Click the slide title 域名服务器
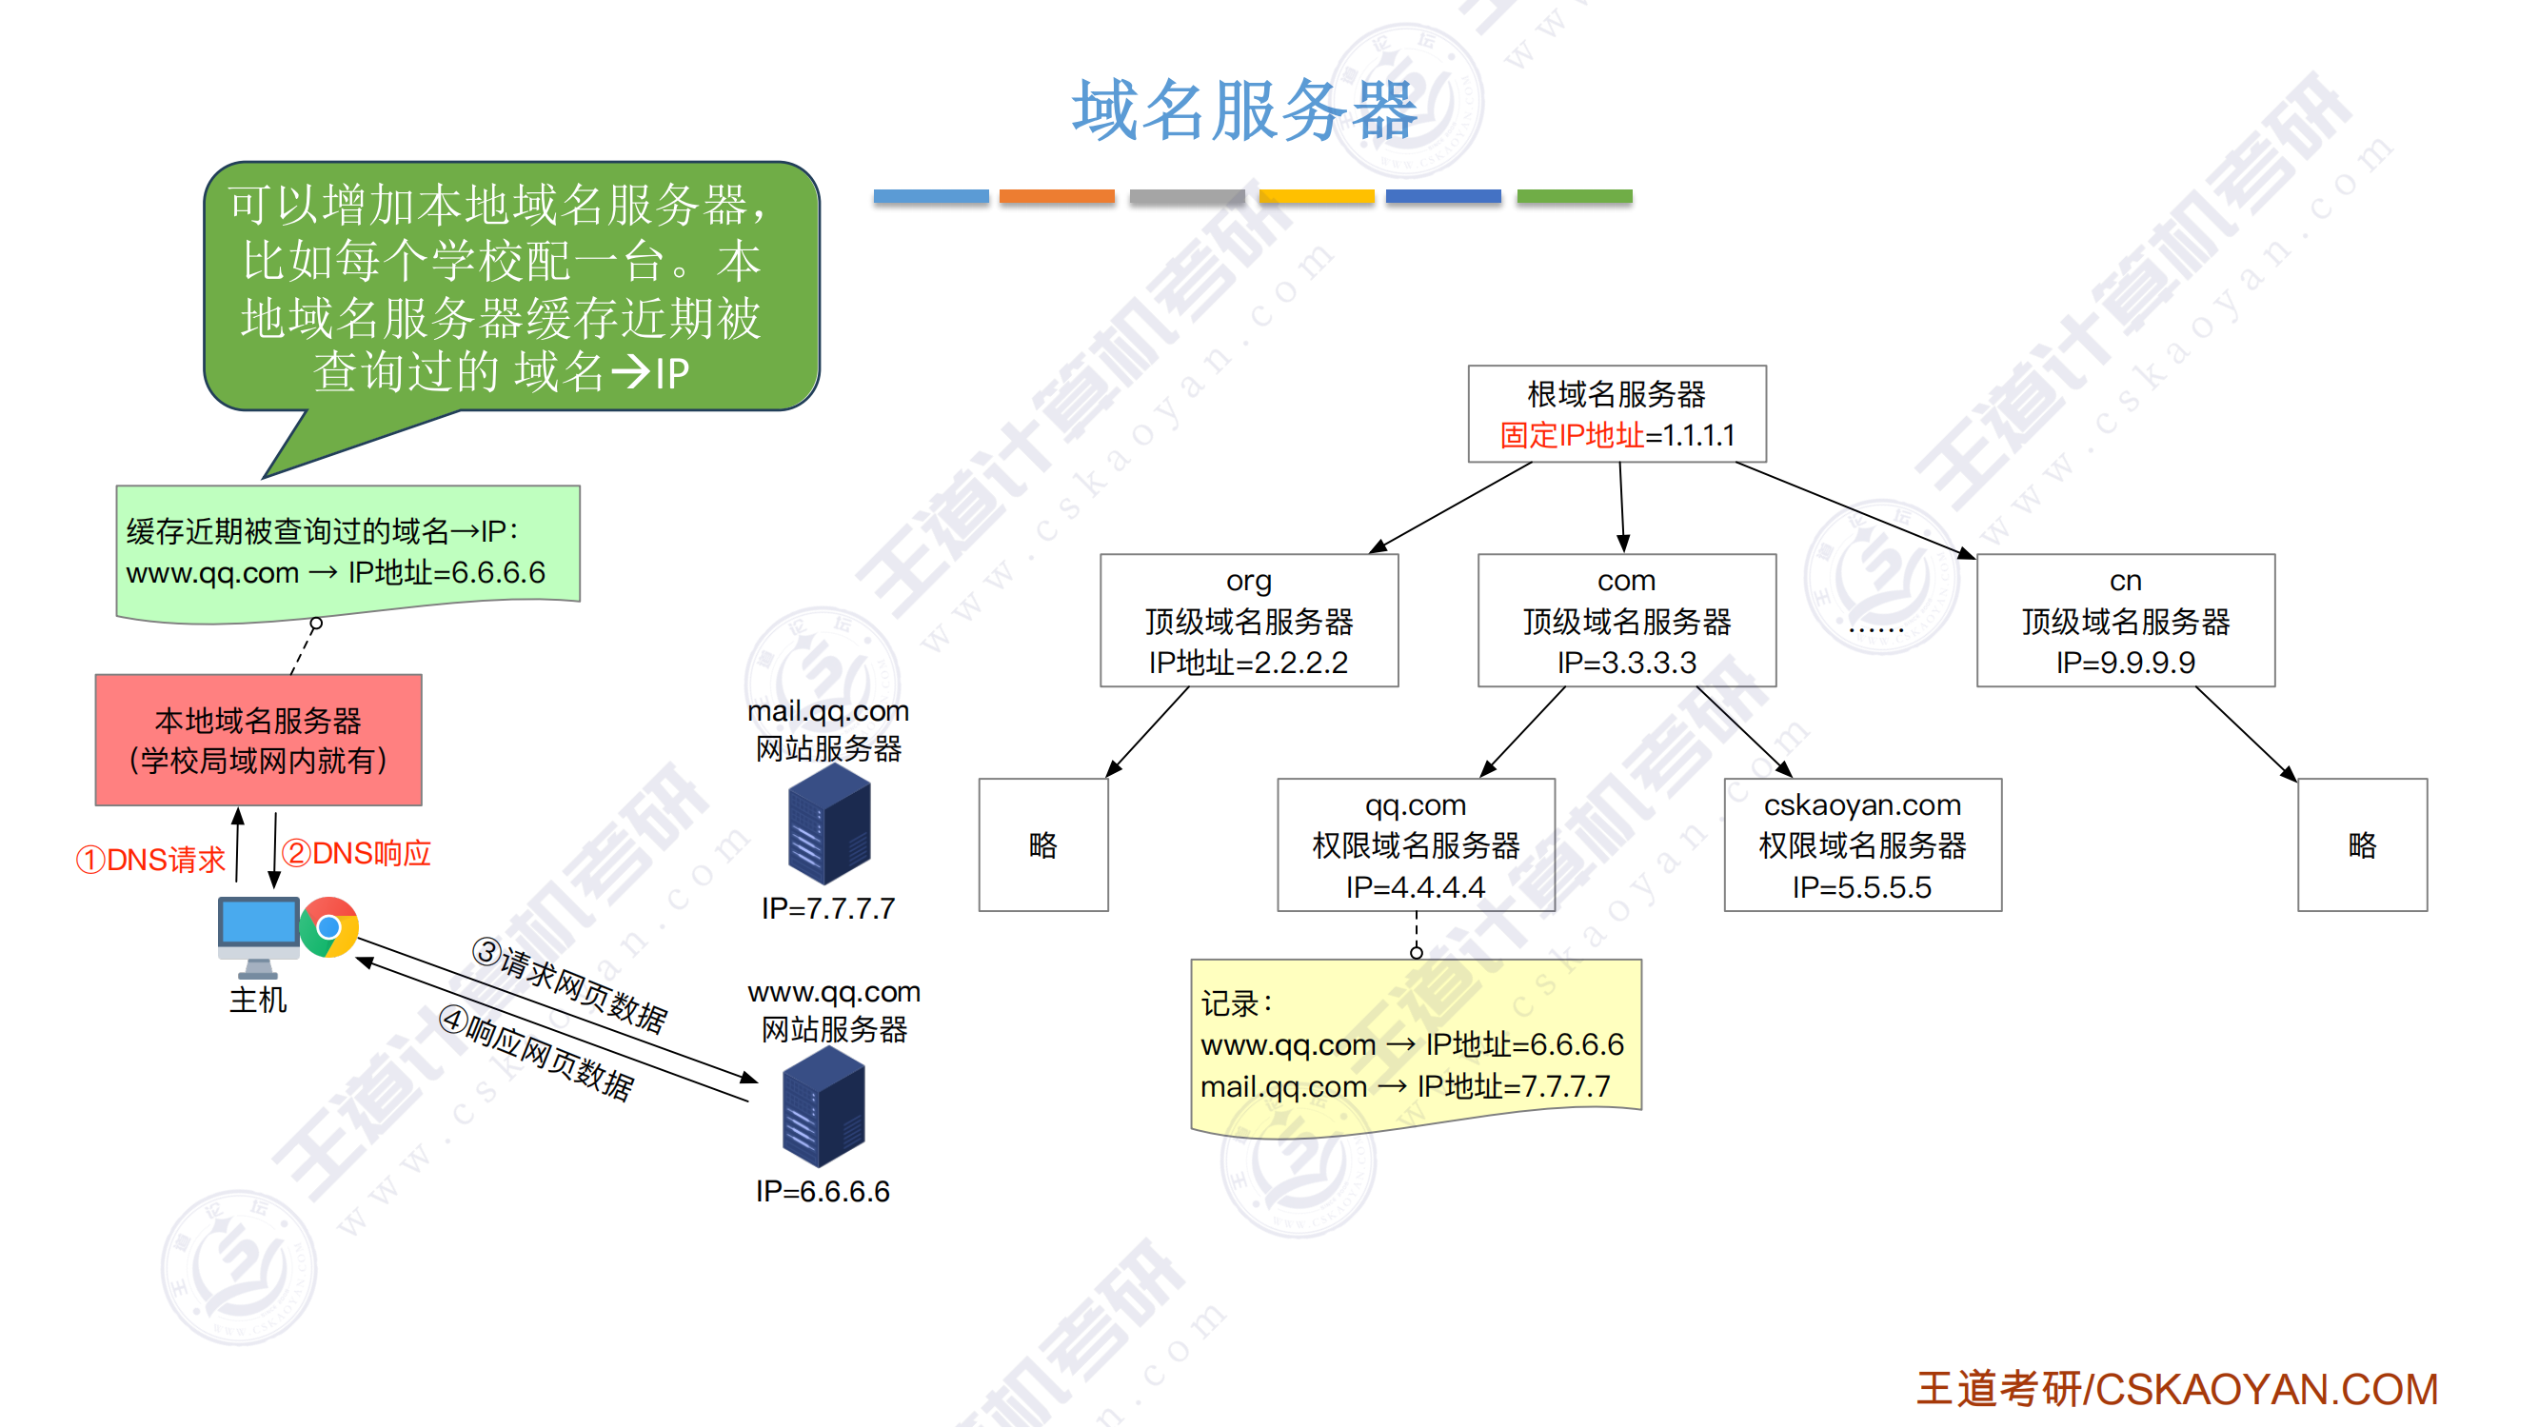(1244, 110)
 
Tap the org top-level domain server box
(1249, 621)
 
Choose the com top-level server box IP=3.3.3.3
(1626, 621)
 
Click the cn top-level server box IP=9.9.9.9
(2125, 621)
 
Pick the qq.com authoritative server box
(1416, 844)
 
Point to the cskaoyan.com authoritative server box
(1862, 844)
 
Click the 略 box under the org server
(1042, 844)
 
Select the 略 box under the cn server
(2362, 844)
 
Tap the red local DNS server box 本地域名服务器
(258, 739)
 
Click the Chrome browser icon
(329, 927)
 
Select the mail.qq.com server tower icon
(829, 825)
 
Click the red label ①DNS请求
(150, 861)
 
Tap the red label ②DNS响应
(357, 853)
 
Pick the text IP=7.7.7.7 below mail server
(828, 908)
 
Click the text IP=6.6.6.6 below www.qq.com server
(823, 1192)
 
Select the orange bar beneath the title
(1057, 196)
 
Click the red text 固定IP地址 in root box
(1572, 436)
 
